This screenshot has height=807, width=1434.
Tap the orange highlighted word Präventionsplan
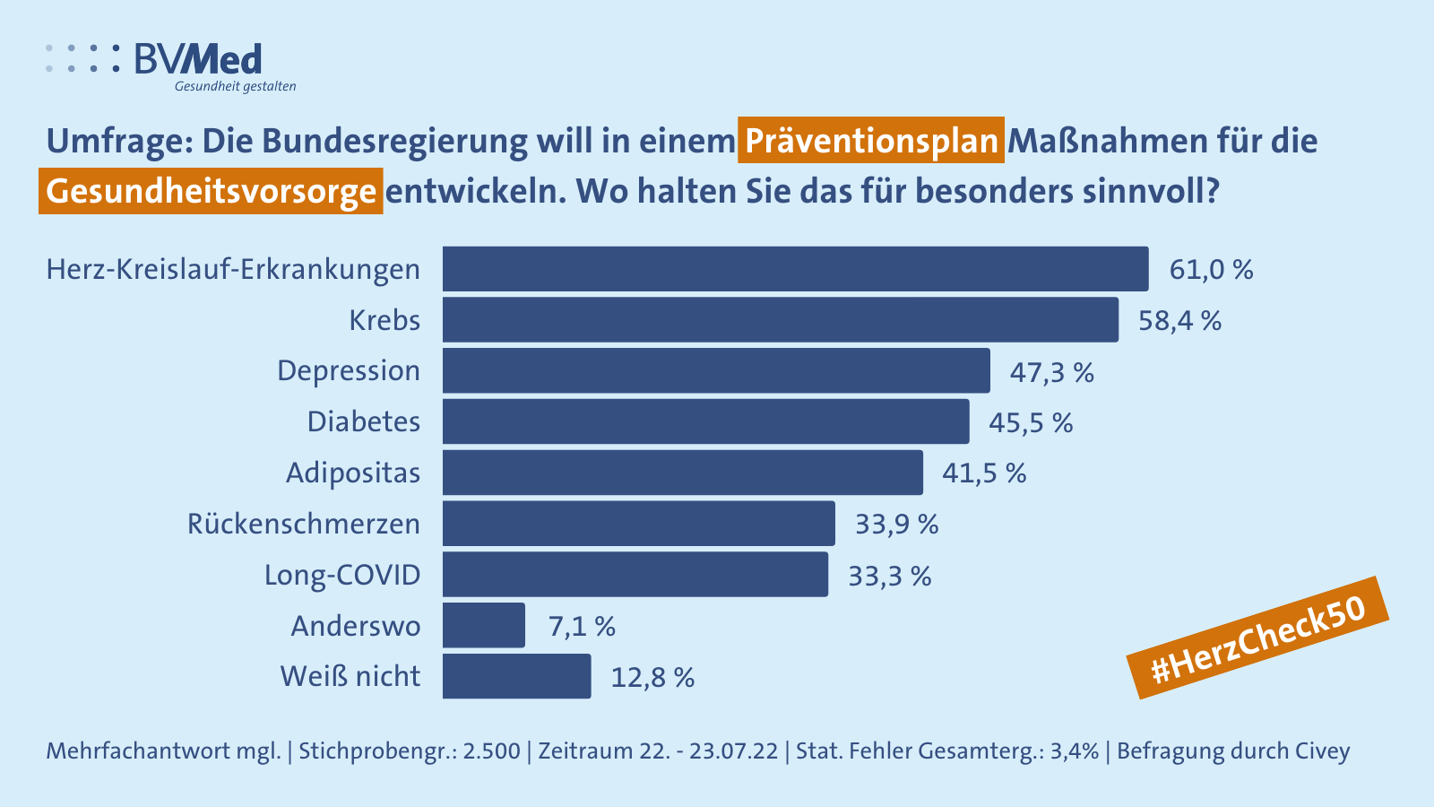point(870,141)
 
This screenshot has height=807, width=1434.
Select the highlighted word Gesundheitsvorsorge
point(211,191)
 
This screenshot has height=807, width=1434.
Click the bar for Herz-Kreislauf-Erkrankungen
point(795,269)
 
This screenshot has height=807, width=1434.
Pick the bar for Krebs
point(780,320)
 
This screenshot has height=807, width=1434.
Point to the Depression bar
point(716,370)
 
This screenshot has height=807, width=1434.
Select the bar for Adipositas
point(682,473)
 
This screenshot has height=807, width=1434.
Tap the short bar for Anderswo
point(484,625)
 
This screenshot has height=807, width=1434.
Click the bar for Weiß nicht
point(516,676)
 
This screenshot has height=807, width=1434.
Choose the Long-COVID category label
point(342,575)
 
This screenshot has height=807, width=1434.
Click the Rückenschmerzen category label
point(304,524)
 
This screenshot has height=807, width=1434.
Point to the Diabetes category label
point(364,421)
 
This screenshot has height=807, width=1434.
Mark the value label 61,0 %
point(1211,269)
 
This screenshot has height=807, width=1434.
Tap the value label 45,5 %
point(1031,422)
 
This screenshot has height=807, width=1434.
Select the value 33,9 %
point(896,524)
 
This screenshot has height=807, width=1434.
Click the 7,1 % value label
point(582,626)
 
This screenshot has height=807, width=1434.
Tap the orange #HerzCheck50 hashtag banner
point(1258,638)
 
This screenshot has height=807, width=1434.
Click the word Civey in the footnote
point(1322,751)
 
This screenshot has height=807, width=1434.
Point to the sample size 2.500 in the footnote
point(491,751)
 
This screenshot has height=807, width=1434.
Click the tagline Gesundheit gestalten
point(235,87)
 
